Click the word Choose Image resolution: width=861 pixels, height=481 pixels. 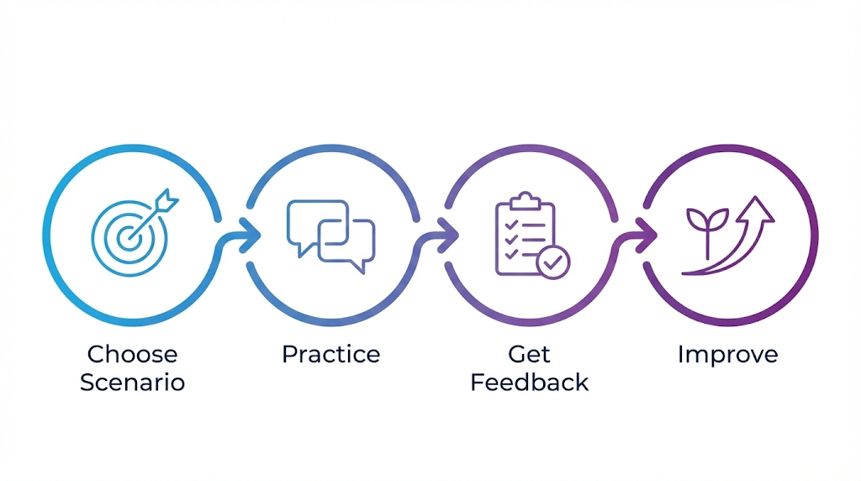[132, 354]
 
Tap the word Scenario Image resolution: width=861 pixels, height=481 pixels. [132, 383]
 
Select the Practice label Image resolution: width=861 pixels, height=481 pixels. [330, 354]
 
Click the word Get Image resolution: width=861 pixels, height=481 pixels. [529, 354]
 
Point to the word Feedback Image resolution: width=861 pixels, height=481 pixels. [529, 383]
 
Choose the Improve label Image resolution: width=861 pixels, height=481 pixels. [727, 354]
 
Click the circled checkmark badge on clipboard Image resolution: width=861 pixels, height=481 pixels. [553, 262]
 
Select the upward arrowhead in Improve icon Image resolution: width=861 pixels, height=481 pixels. [759, 208]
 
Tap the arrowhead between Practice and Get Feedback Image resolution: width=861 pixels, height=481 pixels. [448, 235]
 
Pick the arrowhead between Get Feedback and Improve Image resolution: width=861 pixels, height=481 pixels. [647, 235]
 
